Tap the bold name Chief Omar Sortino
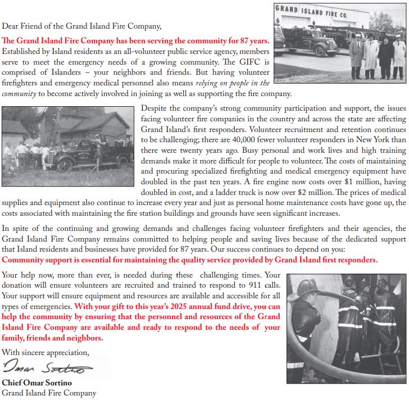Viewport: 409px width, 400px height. click(x=37, y=383)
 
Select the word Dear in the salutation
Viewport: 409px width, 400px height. click(x=11, y=26)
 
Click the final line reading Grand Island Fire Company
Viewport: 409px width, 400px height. click(x=49, y=393)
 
